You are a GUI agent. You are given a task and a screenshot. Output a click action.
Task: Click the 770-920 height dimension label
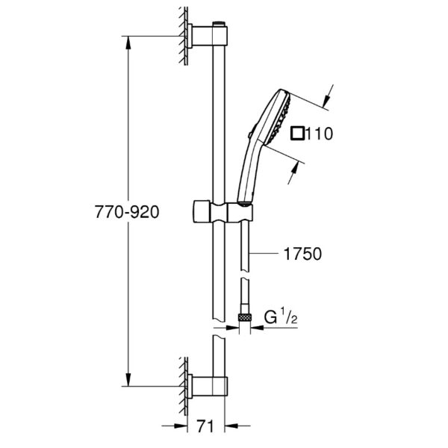tap(127, 212)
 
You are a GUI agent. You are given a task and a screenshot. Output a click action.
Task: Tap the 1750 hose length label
tap(302, 254)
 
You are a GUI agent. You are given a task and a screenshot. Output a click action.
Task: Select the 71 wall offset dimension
tap(205, 426)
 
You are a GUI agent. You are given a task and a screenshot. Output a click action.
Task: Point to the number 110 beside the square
tap(320, 134)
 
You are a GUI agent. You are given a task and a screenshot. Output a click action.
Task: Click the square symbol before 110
tap(298, 134)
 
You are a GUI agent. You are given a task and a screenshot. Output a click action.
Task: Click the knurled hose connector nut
tap(245, 317)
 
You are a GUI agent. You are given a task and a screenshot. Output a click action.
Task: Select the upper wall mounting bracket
tap(208, 36)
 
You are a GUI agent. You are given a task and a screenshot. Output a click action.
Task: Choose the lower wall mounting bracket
tap(208, 386)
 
